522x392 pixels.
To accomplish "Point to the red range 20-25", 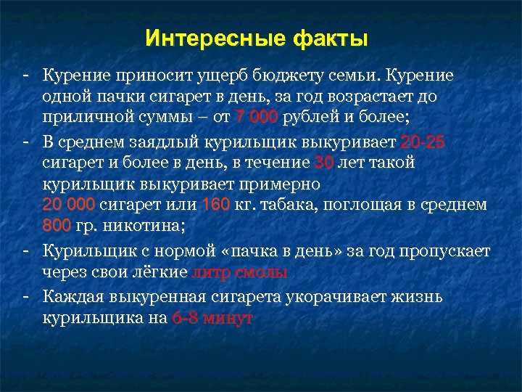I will tap(420, 142).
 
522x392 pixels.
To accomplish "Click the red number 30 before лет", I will tap(325, 163).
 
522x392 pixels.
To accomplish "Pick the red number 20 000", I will tap(69, 205).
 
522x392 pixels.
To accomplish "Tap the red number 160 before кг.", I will tap(216, 205).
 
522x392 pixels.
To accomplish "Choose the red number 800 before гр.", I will tap(57, 226).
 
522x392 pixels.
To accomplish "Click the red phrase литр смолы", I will tap(239, 273).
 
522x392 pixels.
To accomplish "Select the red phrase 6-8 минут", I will tap(212, 318).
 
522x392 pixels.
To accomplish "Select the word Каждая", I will tap(73, 296).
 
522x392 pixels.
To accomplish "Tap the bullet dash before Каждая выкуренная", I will tap(25, 296).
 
